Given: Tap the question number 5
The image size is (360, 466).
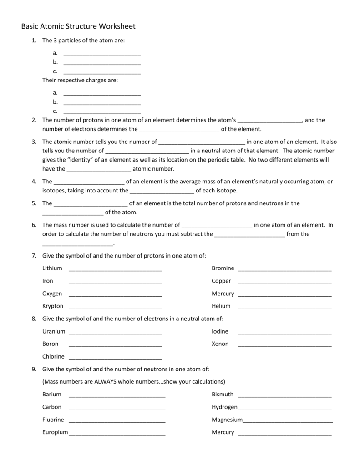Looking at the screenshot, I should click(x=34, y=203).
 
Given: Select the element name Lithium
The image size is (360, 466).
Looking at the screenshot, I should click(x=52, y=268).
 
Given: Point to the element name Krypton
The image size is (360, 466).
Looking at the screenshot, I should click(x=53, y=306).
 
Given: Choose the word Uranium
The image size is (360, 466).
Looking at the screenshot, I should click(x=54, y=331).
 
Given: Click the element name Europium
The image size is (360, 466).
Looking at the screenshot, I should click(x=55, y=432).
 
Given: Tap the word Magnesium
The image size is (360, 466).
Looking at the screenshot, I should click(x=227, y=420).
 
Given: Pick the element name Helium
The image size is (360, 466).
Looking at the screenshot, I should click(x=221, y=306).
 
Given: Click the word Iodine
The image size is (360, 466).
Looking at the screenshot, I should click(x=220, y=331).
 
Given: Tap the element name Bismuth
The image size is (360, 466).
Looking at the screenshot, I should click(x=223, y=394).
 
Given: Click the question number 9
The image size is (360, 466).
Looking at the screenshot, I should click(x=34, y=369).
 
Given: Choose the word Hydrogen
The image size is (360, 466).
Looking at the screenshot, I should click(x=224, y=407).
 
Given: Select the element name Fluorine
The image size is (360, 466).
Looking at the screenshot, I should click(x=53, y=420).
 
